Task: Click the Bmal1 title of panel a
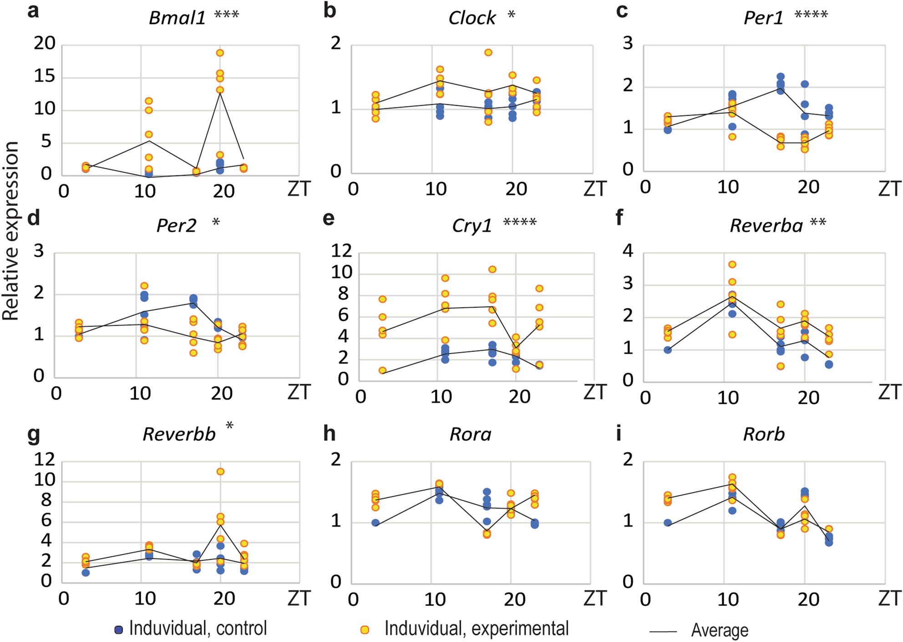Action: pos(177,18)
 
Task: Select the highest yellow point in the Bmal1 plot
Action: pos(220,53)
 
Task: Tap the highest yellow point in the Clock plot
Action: pos(488,52)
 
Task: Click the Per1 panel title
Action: pos(763,18)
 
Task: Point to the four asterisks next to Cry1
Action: pos(520,223)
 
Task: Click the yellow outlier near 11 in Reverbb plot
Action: pos(220,472)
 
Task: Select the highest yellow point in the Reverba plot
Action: pos(732,265)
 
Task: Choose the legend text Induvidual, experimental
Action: pos(476,629)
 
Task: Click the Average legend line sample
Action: pos(663,632)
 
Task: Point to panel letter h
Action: pos(329,434)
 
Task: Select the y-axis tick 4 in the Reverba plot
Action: pos(628,250)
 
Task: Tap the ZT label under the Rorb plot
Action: pos(889,598)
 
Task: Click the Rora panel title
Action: pos(471,434)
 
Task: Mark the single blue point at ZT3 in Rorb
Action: pos(668,523)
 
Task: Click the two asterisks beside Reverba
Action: pos(818,223)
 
